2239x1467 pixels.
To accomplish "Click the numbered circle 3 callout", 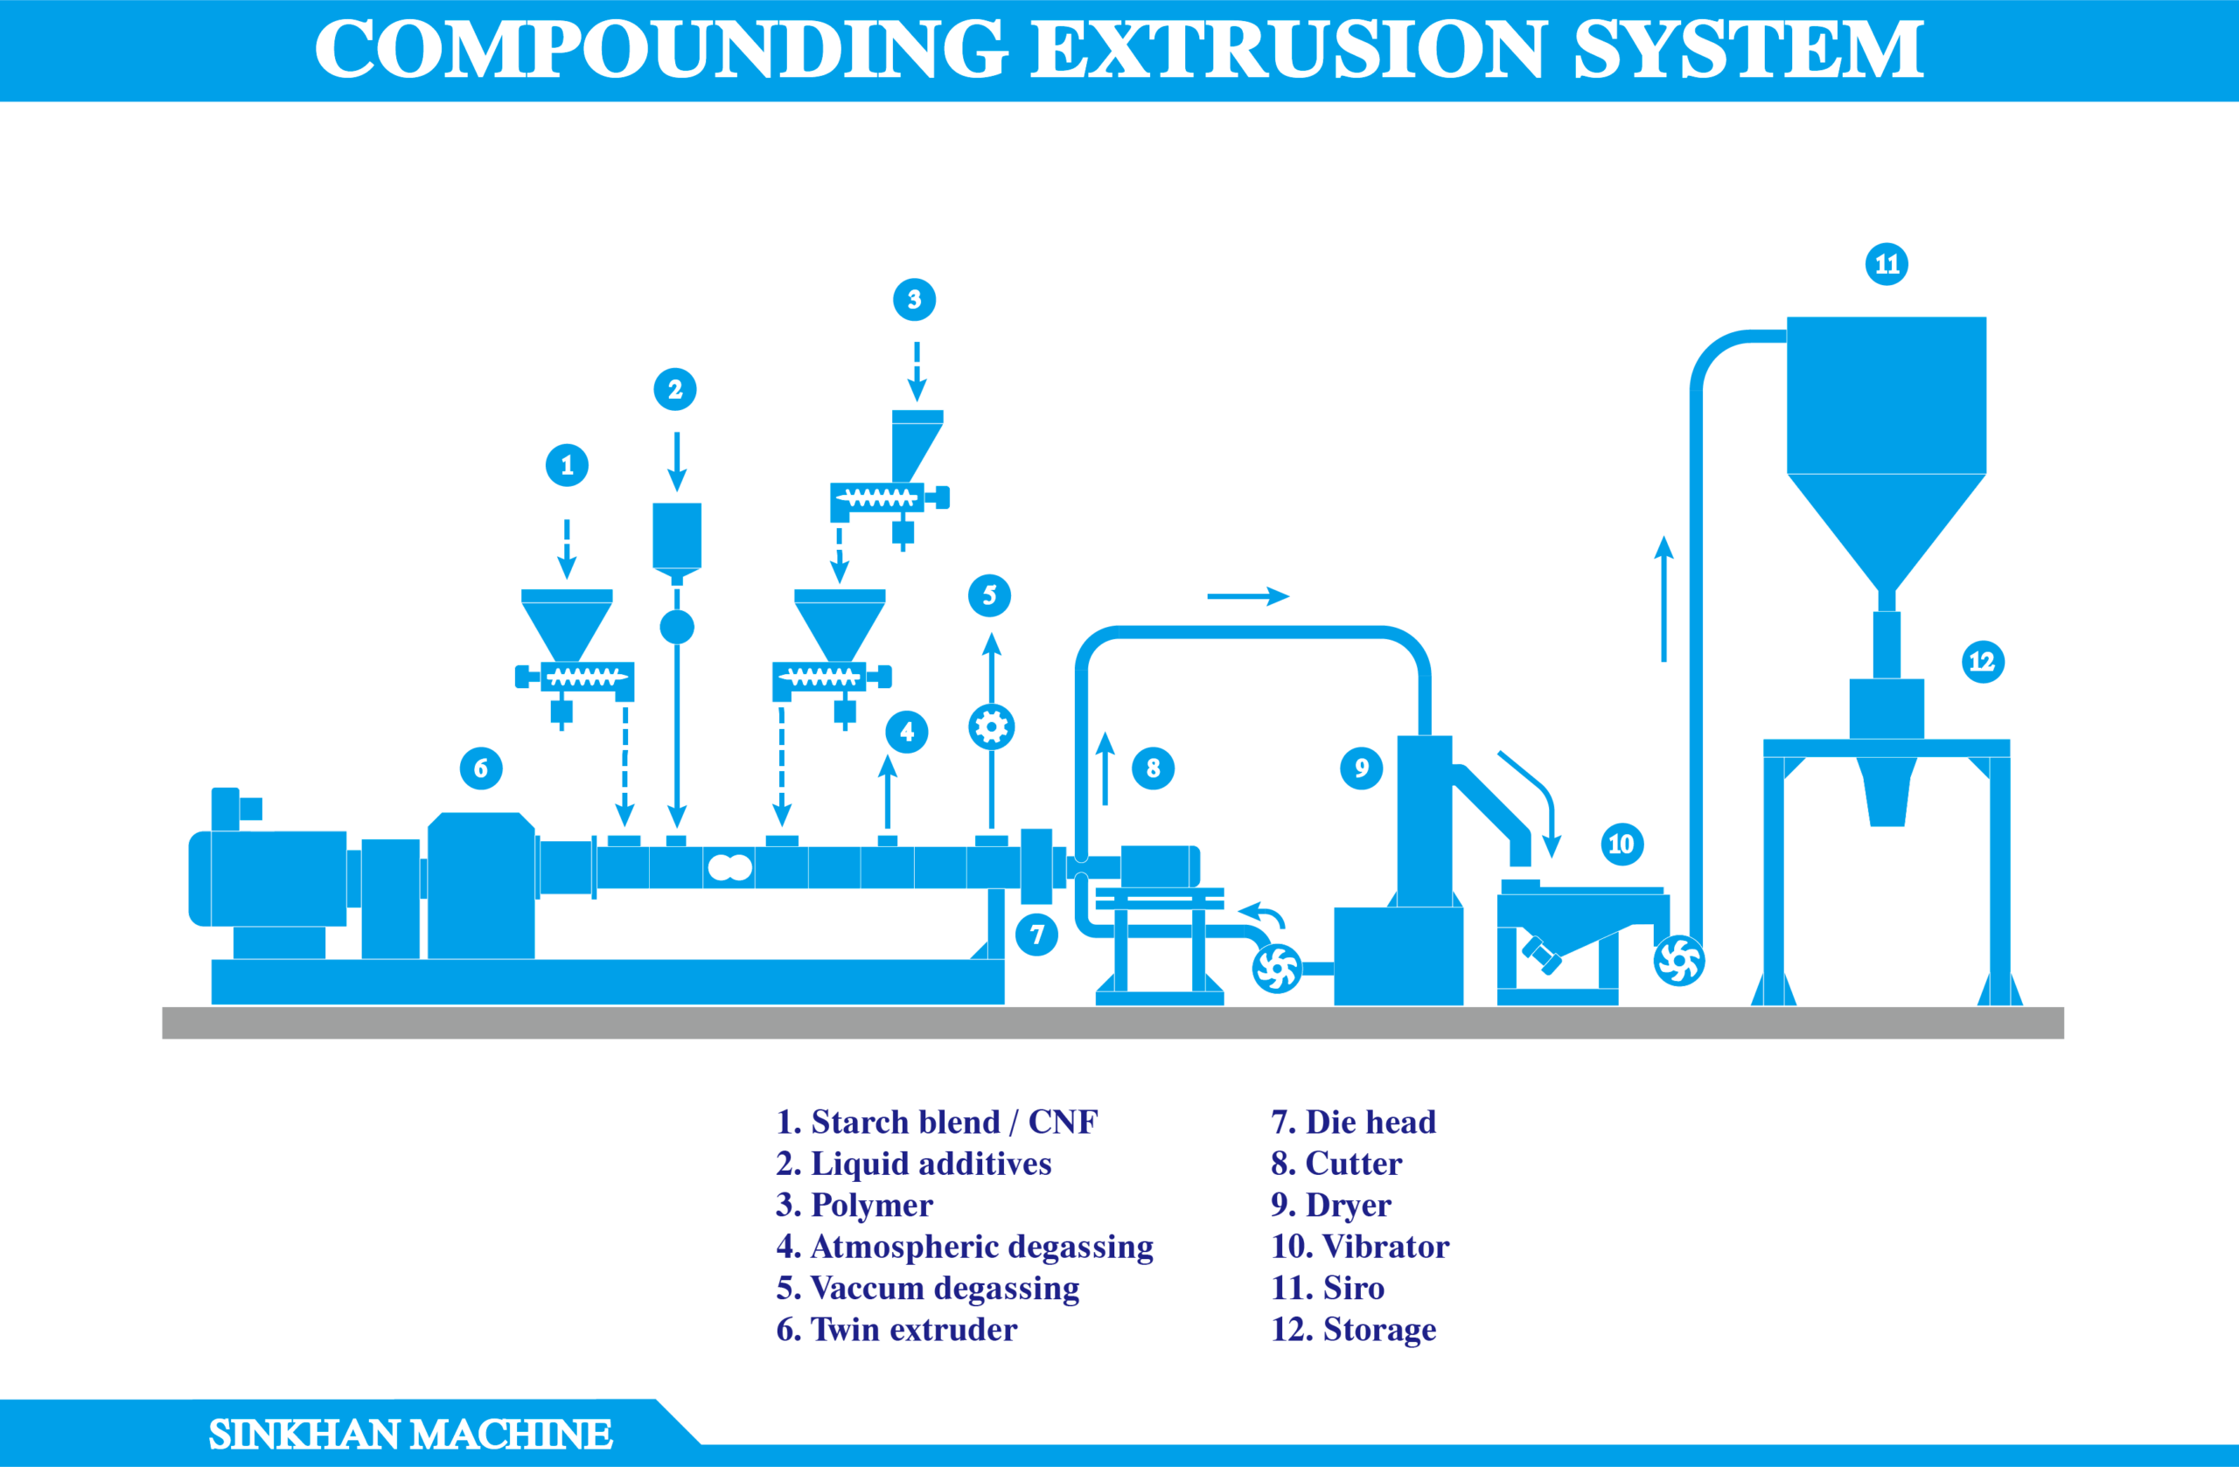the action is (915, 300).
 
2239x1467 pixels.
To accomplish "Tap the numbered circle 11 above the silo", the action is (1887, 264).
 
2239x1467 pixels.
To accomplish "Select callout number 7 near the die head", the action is (1036, 935).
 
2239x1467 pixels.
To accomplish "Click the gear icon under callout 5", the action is (992, 727).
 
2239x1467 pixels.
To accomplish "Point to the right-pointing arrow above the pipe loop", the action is (1248, 596).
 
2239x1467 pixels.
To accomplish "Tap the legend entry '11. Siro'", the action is (1328, 1288).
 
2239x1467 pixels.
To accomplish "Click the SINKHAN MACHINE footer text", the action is (410, 1434).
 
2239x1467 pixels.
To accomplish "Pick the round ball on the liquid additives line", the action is (676, 627).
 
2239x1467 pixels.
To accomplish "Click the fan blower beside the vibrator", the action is (1679, 961).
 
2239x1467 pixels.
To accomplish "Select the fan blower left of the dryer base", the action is (1278, 969).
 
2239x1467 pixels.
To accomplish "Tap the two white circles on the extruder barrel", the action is (730, 867).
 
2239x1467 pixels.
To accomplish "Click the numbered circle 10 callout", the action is (1622, 844).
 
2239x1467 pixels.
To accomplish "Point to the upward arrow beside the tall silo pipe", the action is (1664, 599).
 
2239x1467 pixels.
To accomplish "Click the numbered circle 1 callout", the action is (568, 465).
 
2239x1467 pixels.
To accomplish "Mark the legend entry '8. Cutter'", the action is (1336, 1164).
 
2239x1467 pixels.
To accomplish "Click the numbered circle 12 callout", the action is (1983, 662).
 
